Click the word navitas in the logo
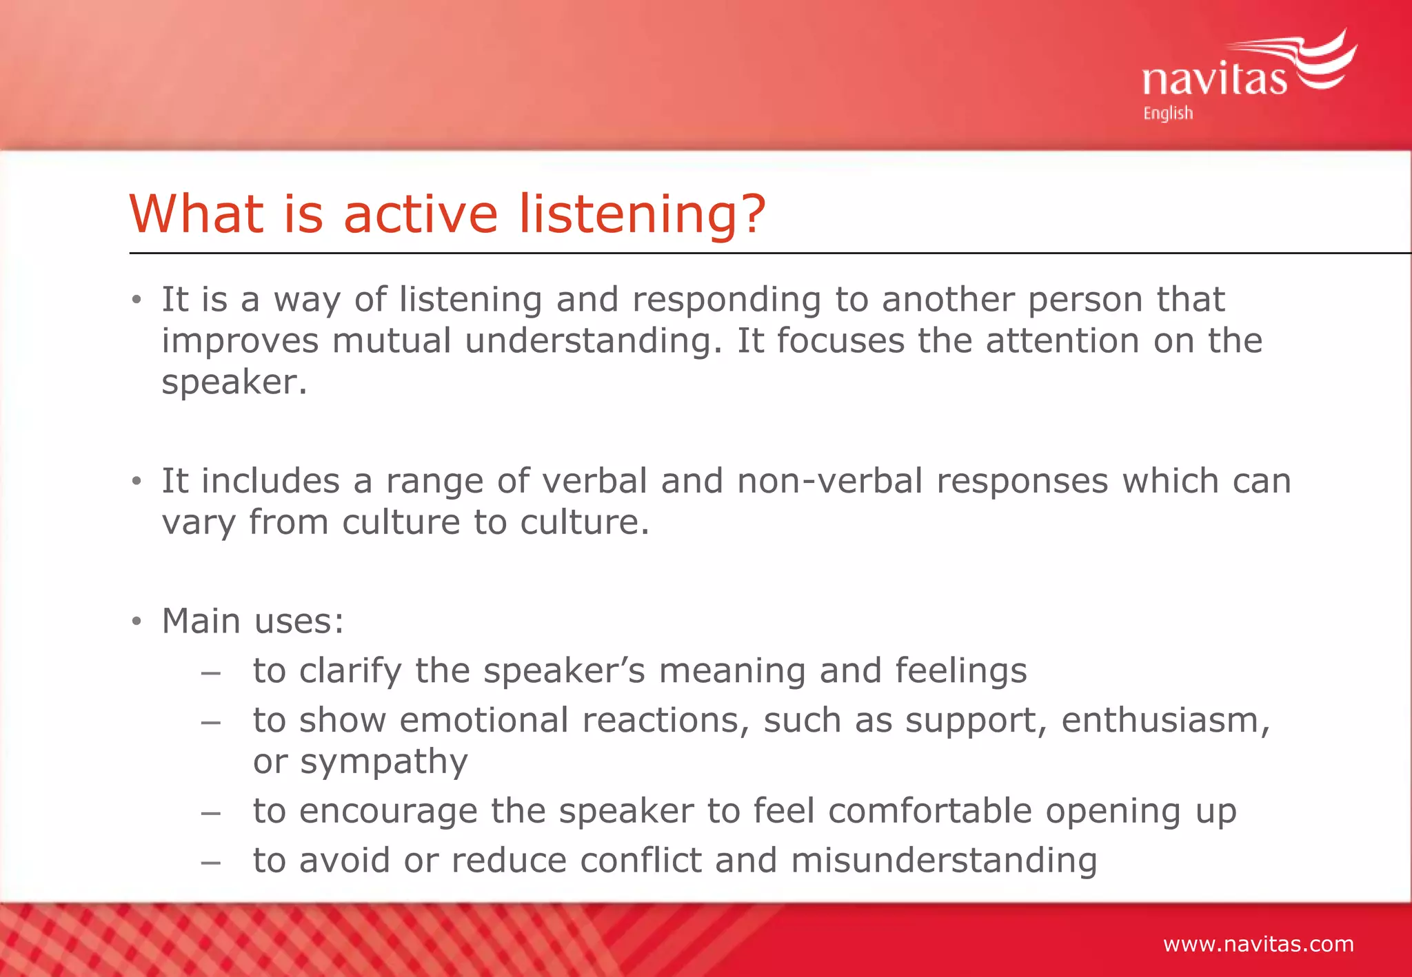point(1213,79)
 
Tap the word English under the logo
point(1168,113)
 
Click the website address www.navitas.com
point(1258,943)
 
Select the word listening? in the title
point(642,214)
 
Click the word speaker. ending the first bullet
point(234,382)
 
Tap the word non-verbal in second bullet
point(829,480)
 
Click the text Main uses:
point(252,621)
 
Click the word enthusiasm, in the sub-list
point(1165,721)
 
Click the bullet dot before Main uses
point(137,621)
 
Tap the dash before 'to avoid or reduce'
point(210,862)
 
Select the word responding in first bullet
point(726,300)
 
